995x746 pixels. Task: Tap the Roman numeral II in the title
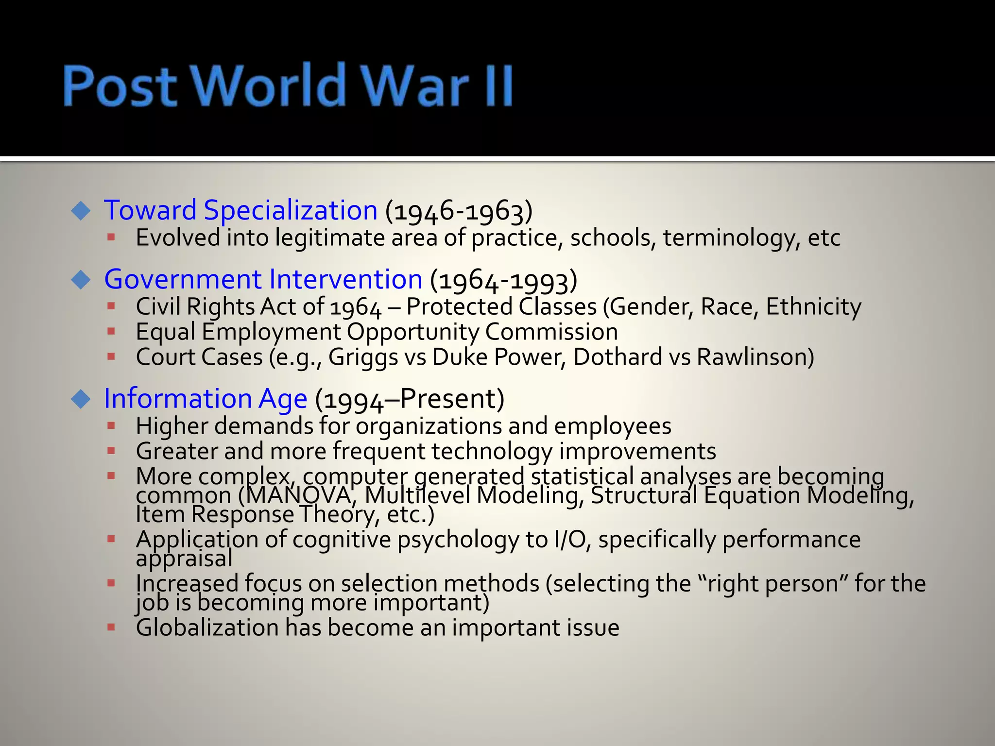point(498,86)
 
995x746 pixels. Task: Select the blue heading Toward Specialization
point(240,210)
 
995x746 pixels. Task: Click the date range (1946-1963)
point(459,211)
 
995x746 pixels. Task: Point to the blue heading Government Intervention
point(263,279)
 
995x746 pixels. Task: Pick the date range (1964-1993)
point(503,280)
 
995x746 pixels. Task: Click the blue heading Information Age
point(206,399)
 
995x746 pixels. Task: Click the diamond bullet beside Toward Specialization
point(81,211)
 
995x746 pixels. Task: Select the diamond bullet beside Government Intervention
point(81,280)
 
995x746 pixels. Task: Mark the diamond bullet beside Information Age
point(81,399)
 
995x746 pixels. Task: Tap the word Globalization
point(207,627)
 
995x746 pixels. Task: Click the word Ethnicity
point(813,307)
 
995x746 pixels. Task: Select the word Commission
point(551,332)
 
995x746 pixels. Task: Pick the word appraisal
point(184,559)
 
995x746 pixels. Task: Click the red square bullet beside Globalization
point(111,627)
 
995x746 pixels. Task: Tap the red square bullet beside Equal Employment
point(111,332)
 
